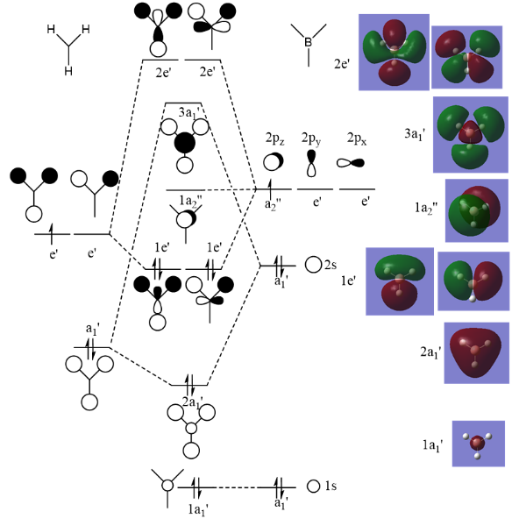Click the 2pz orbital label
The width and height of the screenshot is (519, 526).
[x=274, y=139]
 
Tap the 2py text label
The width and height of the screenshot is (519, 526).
[x=311, y=139]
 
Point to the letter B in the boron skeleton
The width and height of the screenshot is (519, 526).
[x=308, y=42]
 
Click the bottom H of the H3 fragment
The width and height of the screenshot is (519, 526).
[x=68, y=71]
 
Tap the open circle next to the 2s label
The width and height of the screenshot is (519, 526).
[x=313, y=265]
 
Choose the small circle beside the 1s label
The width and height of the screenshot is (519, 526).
[x=313, y=486]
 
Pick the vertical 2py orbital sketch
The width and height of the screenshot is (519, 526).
[x=311, y=163]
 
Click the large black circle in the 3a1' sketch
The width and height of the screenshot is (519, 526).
[x=184, y=143]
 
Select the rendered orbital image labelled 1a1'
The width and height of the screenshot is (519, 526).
[x=479, y=444]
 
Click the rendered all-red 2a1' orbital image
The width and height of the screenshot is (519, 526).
[x=477, y=353]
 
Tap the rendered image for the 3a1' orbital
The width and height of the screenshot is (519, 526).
[x=471, y=134]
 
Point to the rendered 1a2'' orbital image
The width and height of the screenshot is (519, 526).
[x=477, y=210]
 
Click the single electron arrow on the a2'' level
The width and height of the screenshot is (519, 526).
[x=270, y=188]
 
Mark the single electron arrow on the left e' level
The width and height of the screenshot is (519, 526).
[x=52, y=233]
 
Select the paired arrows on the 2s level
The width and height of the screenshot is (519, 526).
[x=279, y=266]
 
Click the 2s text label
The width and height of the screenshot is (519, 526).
[x=331, y=265]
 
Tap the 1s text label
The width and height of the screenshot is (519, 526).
[x=331, y=486]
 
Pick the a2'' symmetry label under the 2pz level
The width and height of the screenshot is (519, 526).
[x=273, y=203]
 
